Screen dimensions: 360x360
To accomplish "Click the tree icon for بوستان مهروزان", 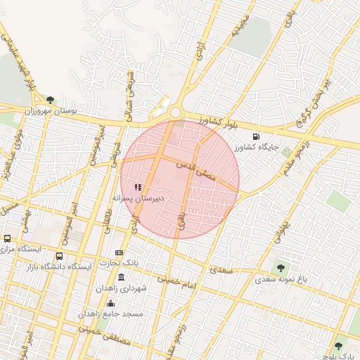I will click(x=50, y=100).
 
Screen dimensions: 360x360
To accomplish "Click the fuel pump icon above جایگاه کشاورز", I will click(x=264, y=137).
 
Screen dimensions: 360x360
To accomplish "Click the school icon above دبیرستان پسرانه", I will click(x=138, y=187).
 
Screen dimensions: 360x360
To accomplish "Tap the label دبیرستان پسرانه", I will click(x=140, y=198).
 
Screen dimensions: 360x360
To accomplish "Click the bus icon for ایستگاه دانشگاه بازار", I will click(x=60, y=257).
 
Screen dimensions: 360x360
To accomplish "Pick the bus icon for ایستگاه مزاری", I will click(x=8, y=239).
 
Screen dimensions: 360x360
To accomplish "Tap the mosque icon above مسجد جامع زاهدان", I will click(x=110, y=303).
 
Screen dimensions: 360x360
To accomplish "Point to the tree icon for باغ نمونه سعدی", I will click(x=281, y=267).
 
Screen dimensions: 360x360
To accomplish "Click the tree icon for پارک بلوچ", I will click(x=339, y=346).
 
